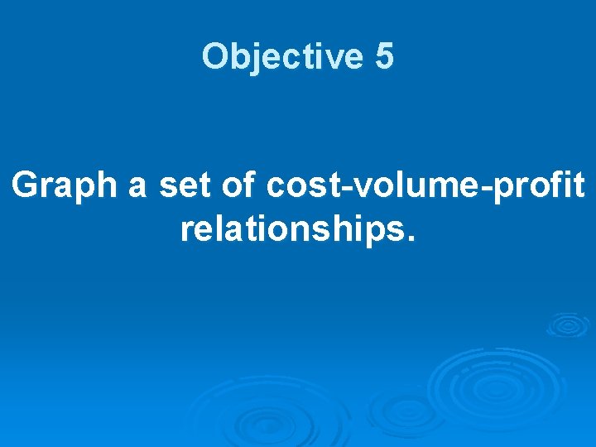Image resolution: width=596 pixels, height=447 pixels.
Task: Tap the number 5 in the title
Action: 384,57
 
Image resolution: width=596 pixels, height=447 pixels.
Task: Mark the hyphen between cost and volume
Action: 342,190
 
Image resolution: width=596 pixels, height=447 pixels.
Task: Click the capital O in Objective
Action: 214,57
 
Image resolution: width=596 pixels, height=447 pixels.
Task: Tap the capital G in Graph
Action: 26,186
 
